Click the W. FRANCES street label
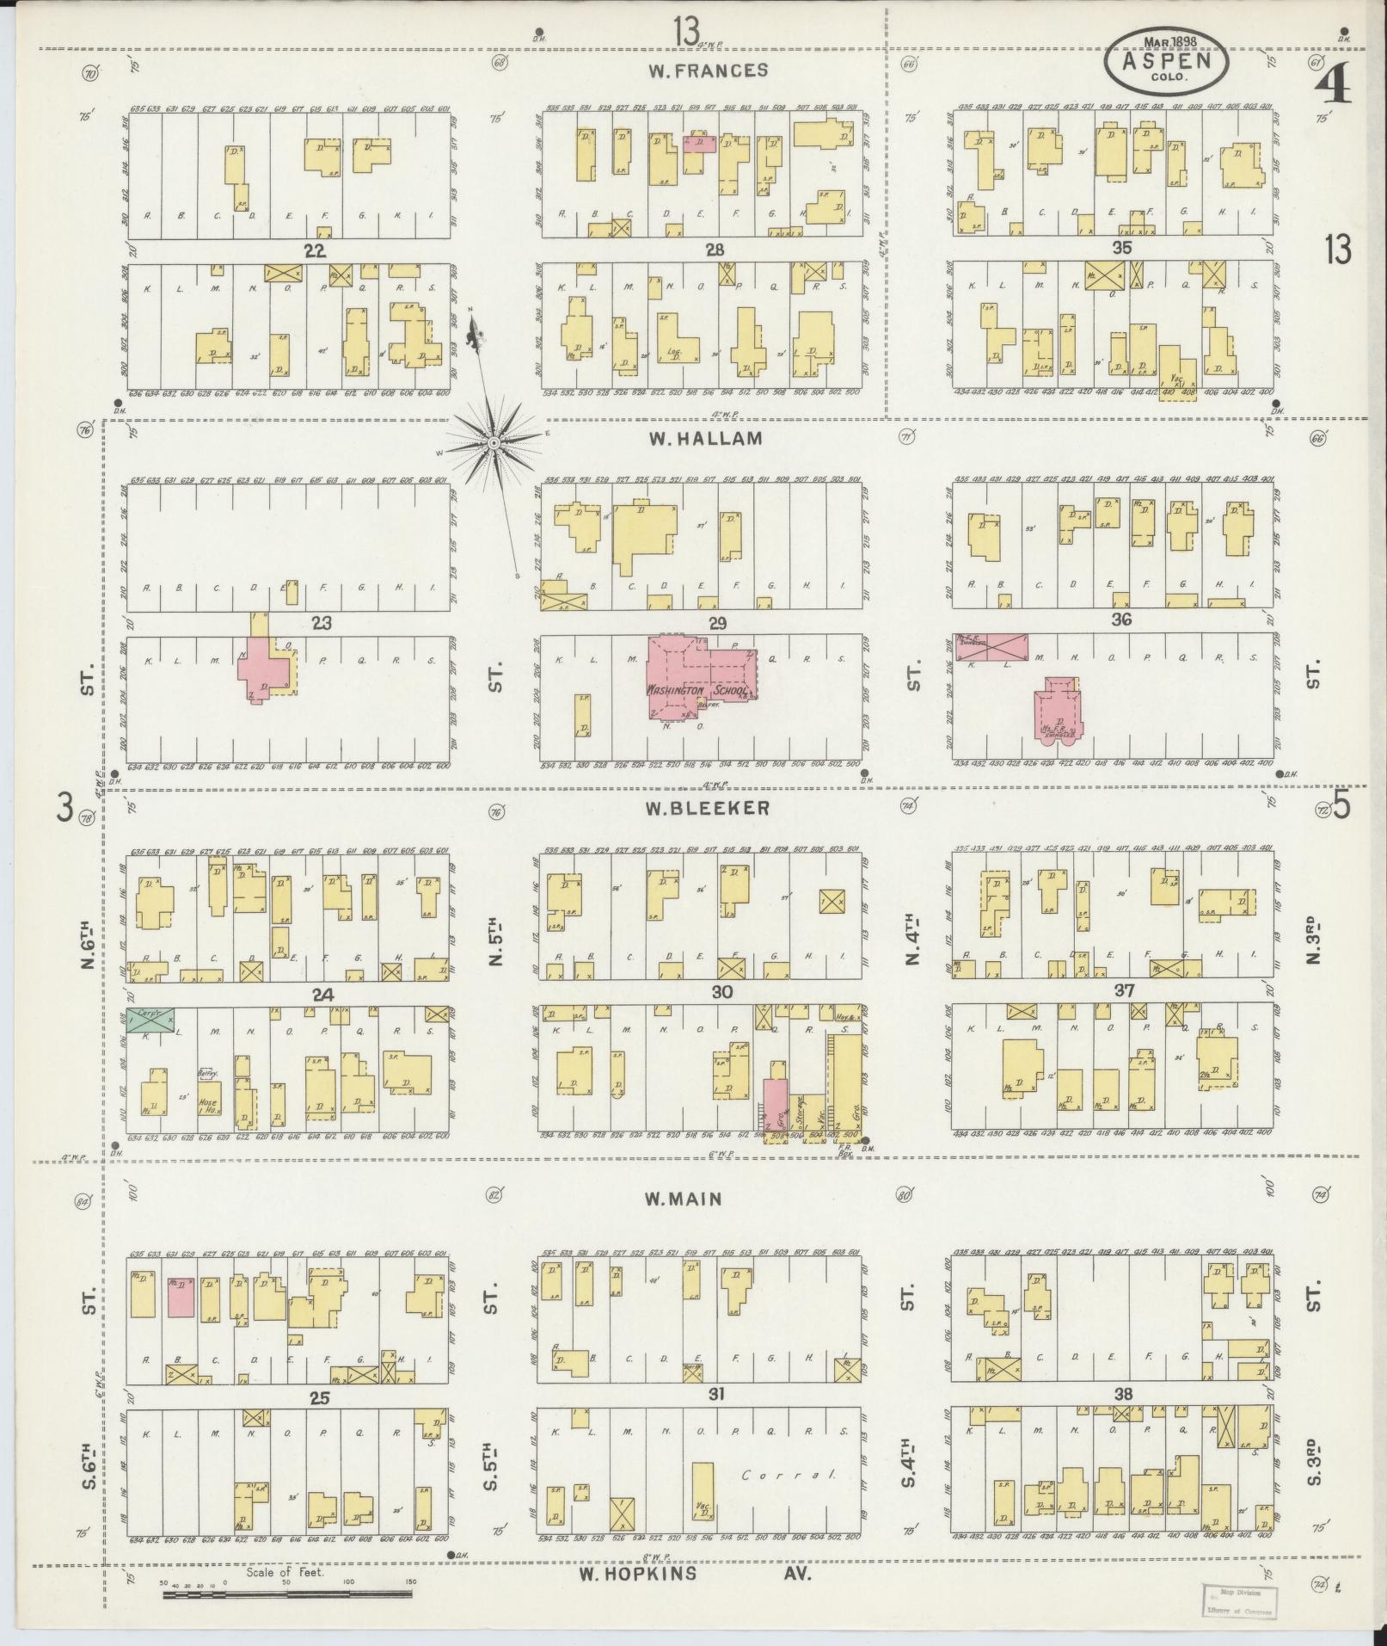tap(708, 71)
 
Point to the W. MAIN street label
tap(685, 1199)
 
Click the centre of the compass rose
tap(494, 443)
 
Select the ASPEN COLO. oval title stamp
tap(1166, 60)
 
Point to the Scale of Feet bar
tap(287, 1594)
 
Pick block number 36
tap(1120, 619)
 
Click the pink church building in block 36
tap(1059, 707)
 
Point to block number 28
tap(714, 250)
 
